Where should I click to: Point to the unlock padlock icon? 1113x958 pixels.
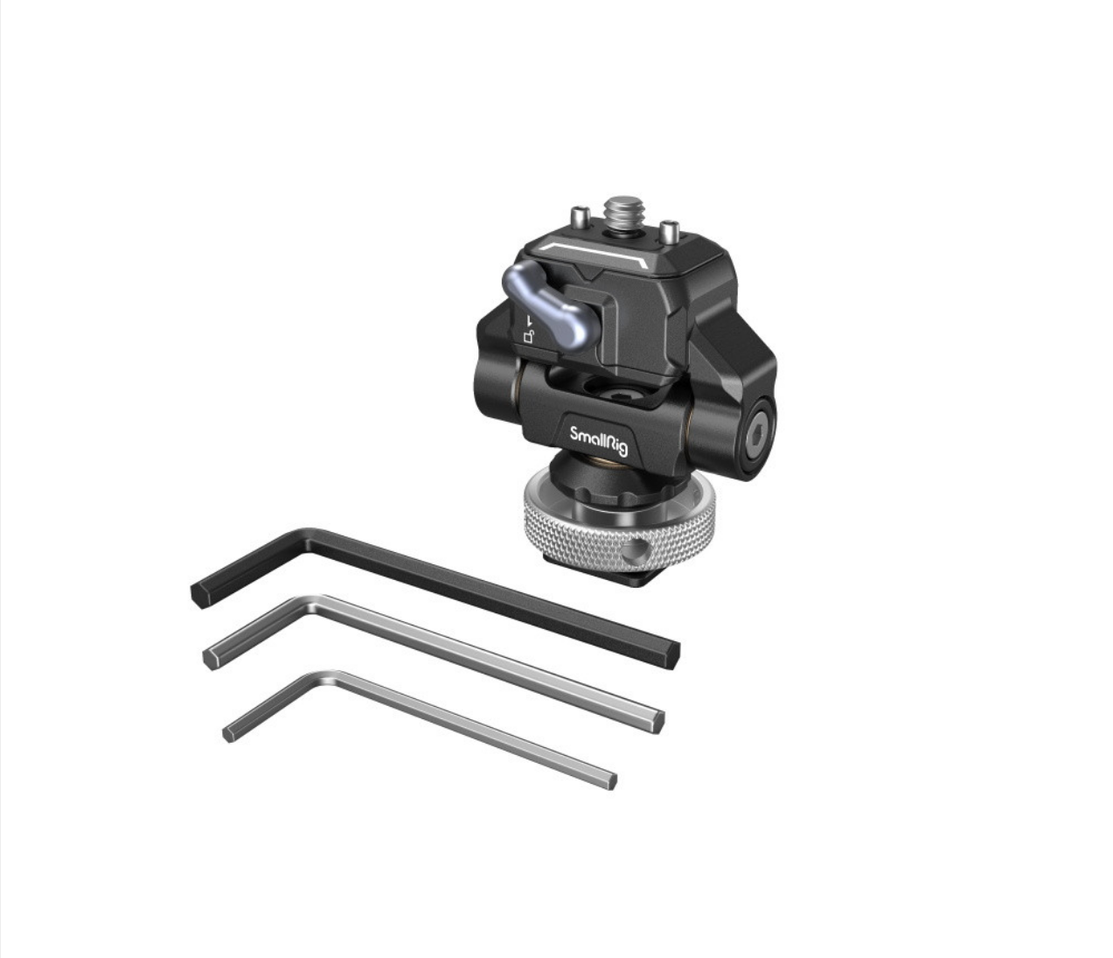(529, 338)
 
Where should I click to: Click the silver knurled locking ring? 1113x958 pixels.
(619, 531)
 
